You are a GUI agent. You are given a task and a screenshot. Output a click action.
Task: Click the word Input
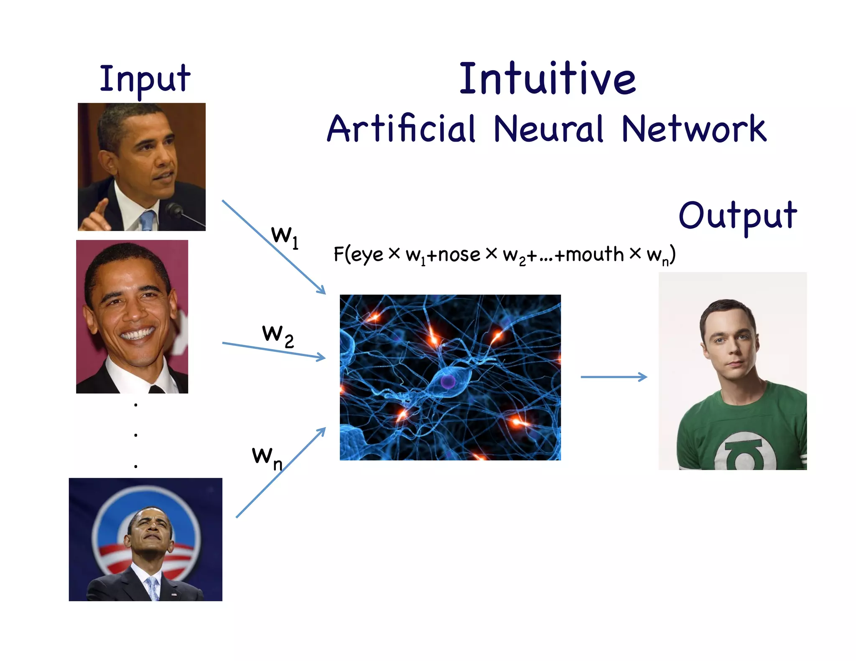point(145,79)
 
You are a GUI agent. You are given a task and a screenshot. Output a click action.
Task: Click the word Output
point(738,216)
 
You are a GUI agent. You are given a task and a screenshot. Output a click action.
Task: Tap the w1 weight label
point(284,236)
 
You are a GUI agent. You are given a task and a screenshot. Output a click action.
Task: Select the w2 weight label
point(278,336)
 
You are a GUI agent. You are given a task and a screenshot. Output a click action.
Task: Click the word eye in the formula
point(367,255)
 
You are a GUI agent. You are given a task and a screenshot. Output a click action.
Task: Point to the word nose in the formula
point(459,255)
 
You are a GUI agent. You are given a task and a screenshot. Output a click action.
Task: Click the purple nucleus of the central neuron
point(448,381)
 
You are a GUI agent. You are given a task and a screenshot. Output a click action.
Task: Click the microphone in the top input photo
point(173,209)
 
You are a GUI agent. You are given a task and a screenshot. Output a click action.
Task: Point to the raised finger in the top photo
point(100,207)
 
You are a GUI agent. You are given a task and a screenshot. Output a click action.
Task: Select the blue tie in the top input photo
point(148,220)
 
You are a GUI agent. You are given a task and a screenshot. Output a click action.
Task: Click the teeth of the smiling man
point(137,334)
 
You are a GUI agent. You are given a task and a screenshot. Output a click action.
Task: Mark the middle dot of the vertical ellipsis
point(136,435)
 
